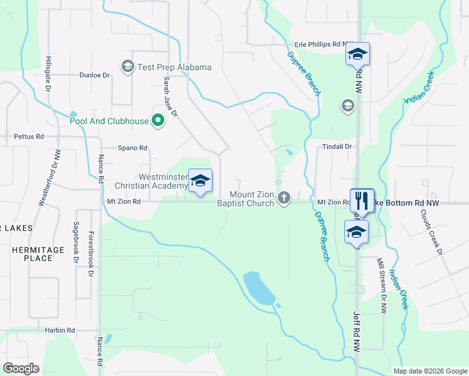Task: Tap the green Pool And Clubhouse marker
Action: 159,121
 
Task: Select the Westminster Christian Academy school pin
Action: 200,182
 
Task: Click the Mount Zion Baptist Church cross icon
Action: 284,199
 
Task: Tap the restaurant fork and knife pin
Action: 362,201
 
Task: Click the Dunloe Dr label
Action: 95,75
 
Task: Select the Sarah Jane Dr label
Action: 171,97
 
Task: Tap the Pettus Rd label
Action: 29,136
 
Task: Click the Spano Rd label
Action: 132,148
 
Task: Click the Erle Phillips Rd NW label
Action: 320,44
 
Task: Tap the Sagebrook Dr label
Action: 76,241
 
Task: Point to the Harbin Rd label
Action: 60,330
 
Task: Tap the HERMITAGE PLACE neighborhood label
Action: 39,254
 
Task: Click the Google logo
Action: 21,368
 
